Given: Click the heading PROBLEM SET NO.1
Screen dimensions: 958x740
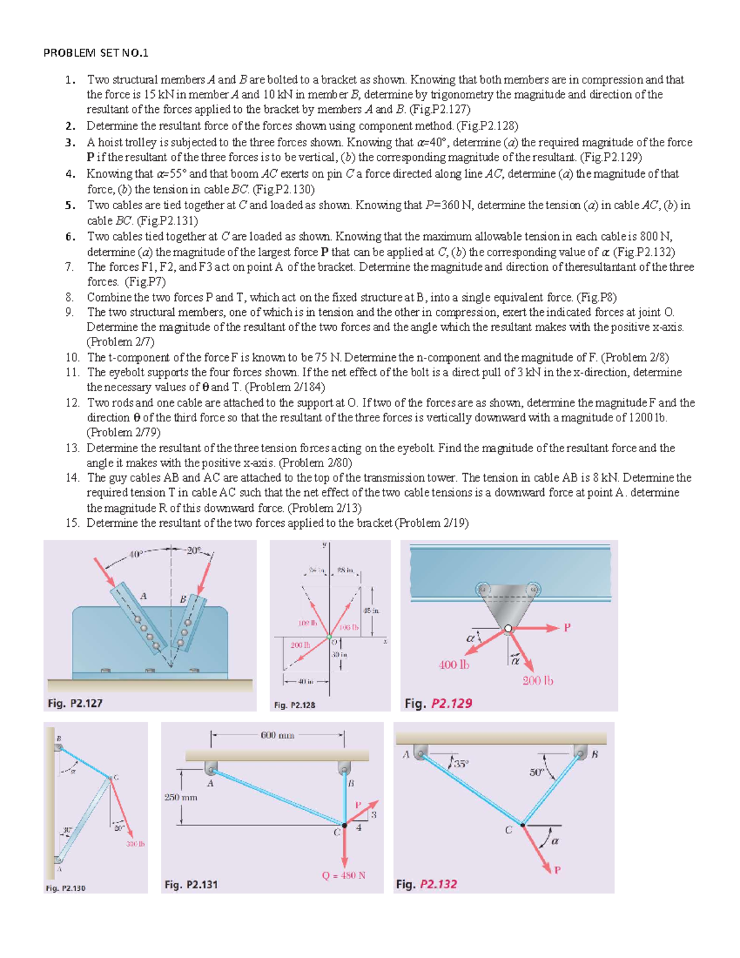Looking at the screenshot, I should (x=96, y=53).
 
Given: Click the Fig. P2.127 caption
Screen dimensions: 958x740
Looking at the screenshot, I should (x=75, y=703).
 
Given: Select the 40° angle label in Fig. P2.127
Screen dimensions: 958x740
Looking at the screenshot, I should (x=136, y=554).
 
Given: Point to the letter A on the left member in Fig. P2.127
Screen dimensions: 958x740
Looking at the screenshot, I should (x=143, y=596).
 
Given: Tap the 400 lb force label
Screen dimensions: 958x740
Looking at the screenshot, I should (x=454, y=664).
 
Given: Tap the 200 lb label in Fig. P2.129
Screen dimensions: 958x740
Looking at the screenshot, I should (x=538, y=680).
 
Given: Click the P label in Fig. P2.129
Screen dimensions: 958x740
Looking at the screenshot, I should (x=567, y=627).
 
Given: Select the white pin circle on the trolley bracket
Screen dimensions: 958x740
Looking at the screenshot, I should (x=508, y=629).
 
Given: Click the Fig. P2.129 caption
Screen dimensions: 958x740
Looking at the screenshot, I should (x=438, y=703).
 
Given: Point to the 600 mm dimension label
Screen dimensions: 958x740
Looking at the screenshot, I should (x=277, y=735).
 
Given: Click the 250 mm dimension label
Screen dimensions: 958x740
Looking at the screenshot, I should (x=181, y=797).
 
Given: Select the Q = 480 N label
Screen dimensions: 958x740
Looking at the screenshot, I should (x=343, y=875).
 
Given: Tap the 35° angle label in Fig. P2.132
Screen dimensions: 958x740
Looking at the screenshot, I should (x=461, y=763).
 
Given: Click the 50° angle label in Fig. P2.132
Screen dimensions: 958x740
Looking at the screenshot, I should (x=536, y=772).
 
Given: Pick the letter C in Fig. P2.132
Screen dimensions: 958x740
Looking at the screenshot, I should (x=508, y=830).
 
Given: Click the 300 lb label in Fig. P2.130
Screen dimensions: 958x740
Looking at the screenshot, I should (x=136, y=844).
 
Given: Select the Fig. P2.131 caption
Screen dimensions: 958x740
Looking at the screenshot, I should (x=191, y=885).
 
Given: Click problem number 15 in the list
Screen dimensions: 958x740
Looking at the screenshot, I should (x=72, y=523).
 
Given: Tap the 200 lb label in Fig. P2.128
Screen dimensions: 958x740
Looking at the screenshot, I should (x=300, y=645).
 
